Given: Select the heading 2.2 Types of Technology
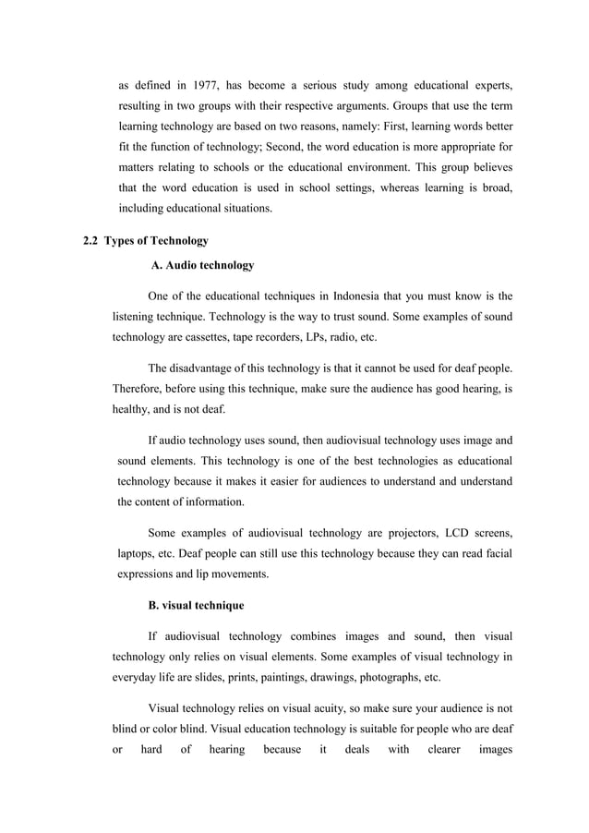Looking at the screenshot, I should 146,241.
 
